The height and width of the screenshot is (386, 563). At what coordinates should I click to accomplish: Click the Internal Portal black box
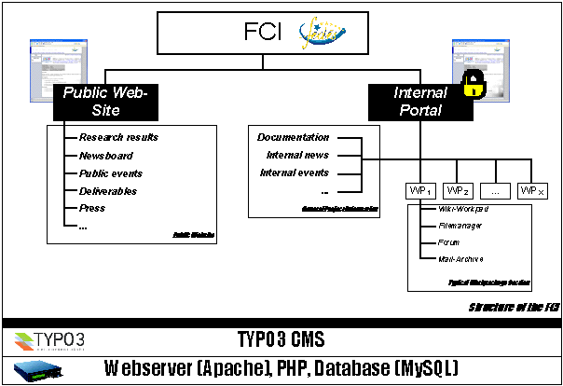420,101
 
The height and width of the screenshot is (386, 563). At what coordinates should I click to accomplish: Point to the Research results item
118,137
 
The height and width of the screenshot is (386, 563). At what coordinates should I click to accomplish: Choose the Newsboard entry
106,156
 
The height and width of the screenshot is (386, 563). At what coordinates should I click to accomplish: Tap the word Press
92,209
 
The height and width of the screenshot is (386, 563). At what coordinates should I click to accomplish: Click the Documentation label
294,138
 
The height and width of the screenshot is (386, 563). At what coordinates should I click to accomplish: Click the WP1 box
421,190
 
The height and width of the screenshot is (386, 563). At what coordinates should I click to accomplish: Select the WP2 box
459,190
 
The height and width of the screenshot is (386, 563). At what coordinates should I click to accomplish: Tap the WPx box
532,190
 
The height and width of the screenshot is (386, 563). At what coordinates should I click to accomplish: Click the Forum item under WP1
449,241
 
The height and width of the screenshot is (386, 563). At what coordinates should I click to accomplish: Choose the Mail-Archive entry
460,258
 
